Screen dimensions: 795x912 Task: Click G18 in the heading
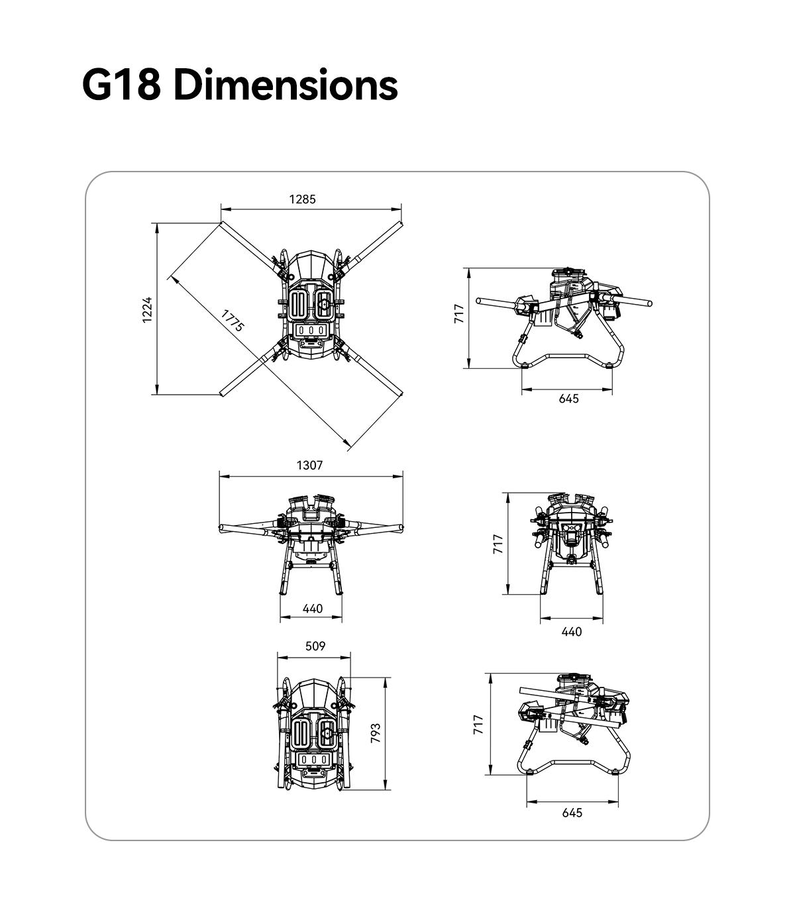tap(121, 85)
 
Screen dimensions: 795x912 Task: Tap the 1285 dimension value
tap(302, 199)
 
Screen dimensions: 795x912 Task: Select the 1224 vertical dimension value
tap(147, 309)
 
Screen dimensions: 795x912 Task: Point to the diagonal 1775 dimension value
tap(233, 321)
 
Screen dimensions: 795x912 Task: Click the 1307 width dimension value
tap(309, 466)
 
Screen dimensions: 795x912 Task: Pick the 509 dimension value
tap(315, 646)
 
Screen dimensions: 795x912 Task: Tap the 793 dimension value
tap(376, 733)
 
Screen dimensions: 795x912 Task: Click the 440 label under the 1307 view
tap(312, 609)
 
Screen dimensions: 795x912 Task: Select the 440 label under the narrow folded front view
tap(572, 632)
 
